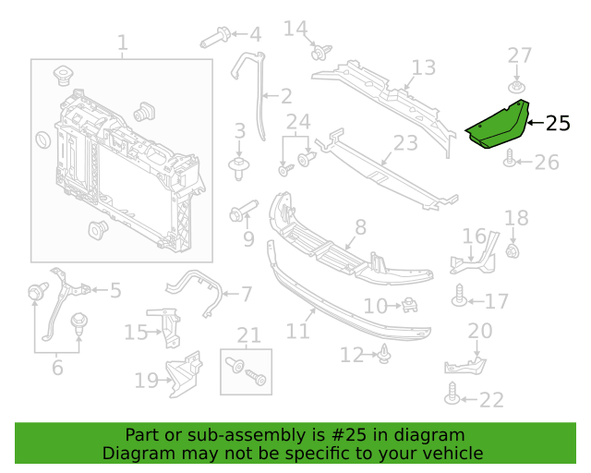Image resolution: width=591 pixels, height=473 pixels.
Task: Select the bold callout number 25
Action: [x=558, y=124]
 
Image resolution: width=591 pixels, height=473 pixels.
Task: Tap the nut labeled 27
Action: [x=517, y=87]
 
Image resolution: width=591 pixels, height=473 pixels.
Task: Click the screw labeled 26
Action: [x=509, y=158]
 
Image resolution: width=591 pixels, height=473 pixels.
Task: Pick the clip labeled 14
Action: [x=321, y=53]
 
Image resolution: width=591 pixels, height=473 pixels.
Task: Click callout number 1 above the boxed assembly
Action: [x=123, y=42]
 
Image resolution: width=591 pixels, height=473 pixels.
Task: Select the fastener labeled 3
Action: [x=238, y=169]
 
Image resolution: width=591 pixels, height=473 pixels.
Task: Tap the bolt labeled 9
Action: [x=243, y=211]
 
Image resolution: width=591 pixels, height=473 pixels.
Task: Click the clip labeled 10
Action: [x=409, y=305]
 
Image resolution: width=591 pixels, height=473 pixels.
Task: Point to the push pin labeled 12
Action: [x=384, y=354]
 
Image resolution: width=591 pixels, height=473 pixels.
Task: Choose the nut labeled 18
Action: [x=513, y=251]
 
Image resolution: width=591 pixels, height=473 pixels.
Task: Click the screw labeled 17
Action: [x=459, y=296]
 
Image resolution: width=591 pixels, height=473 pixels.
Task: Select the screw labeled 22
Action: [x=452, y=394]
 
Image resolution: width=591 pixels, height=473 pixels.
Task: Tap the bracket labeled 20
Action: [x=465, y=366]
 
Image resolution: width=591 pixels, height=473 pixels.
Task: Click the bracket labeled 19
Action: [x=184, y=374]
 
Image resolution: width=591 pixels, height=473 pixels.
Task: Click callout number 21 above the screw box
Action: [x=248, y=335]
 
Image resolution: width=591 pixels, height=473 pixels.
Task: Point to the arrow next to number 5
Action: [x=100, y=290]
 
